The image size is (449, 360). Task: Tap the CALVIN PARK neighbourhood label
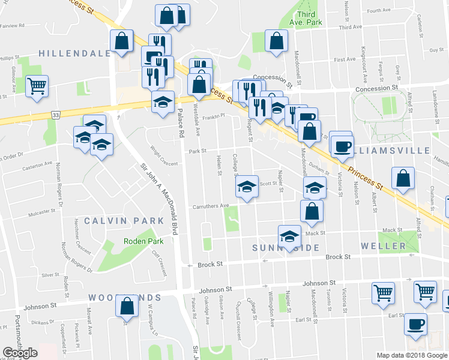click(x=124, y=221)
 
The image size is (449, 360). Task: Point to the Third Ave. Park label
click(x=306, y=18)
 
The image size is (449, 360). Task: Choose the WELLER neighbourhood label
click(x=384, y=247)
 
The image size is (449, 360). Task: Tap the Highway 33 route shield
click(x=56, y=115)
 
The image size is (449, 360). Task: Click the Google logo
click(x=19, y=353)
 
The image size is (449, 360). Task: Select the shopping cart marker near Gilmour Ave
click(x=37, y=86)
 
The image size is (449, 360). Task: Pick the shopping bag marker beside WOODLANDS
click(x=127, y=307)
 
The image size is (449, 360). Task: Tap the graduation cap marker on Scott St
click(x=246, y=187)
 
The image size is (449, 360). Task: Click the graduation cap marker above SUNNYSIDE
click(x=290, y=236)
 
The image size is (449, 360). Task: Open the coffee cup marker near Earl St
click(x=415, y=325)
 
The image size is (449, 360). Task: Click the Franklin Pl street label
click(x=213, y=117)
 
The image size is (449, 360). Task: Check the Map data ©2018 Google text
click(x=412, y=355)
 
